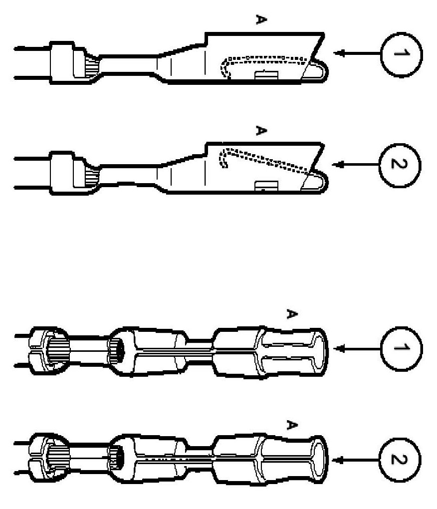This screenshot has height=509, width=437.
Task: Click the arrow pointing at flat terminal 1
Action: (x=356, y=53)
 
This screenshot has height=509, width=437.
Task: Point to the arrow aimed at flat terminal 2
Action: (x=356, y=164)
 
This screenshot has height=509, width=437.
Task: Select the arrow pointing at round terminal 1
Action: (x=356, y=348)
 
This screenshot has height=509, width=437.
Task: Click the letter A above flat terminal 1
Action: (x=260, y=20)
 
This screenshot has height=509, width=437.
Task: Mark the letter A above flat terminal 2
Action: (x=260, y=131)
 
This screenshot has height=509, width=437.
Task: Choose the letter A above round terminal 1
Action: (x=292, y=314)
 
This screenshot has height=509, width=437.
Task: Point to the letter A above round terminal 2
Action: (x=292, y=425)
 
